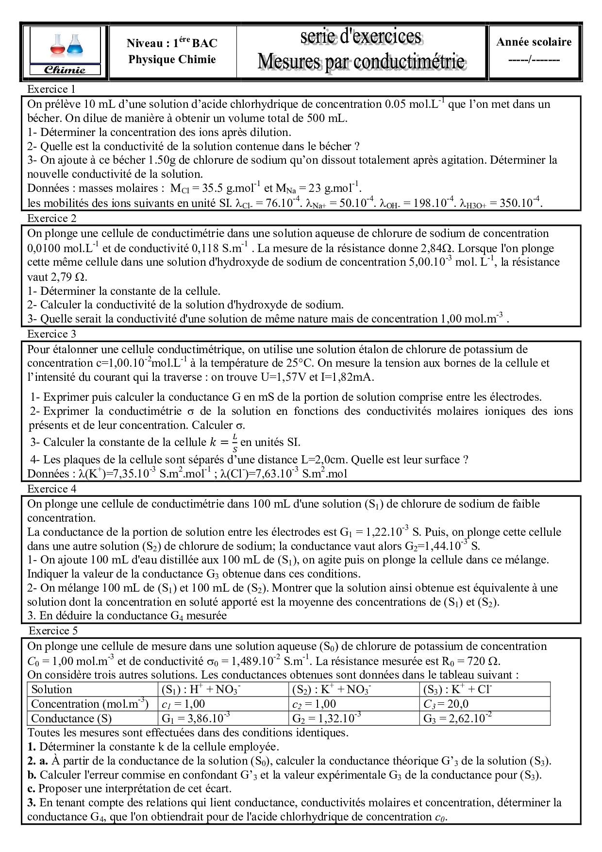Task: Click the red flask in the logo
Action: pos(58,47)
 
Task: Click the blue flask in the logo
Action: pos(75,46)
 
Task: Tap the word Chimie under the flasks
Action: pos(65,70)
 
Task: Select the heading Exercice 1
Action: pos(51,89)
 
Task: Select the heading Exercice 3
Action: pos(51,334)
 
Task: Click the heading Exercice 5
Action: pos(53,630)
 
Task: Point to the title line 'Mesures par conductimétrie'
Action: pos(361,61)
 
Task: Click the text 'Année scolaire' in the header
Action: pos(534,42)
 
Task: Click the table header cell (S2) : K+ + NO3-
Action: pos(331,689)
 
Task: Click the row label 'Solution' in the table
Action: pos(51,689)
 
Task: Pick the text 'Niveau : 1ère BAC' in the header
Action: pos(172,43)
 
